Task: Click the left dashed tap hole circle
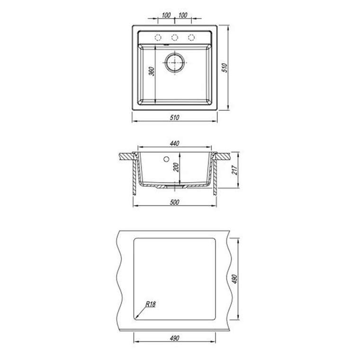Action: click(x=158, y=37)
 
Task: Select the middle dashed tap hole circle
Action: click(x=175, y=37)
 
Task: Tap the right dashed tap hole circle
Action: click(x=191, y=37)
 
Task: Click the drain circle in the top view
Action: click(x=175, y=63)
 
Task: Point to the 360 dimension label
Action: click(x=152, y=71)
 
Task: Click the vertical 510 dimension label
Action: click(x=225, y=68)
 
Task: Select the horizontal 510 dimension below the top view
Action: click(x=174, y=117)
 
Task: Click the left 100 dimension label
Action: click(x=166, y=15)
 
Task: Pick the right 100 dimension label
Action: click(x=183, y=15)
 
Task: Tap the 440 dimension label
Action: click(x=174, y=144)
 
